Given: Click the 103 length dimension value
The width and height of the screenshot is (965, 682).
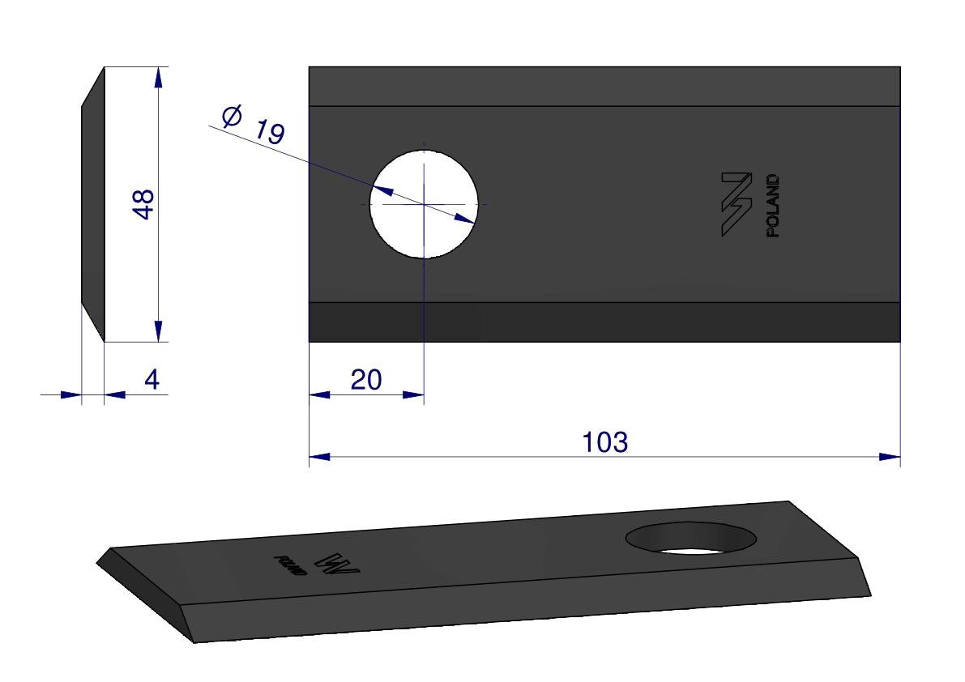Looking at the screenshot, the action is pyautogui.click(x=605, y=442).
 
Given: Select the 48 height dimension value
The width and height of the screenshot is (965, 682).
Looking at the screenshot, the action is pyautogui.click(x=143, y=204).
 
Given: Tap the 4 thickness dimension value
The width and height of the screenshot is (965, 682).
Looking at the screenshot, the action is pyautogui.click(x=152, y=379).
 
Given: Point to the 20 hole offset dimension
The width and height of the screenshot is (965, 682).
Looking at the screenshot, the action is pyautogui.click(x=366, y=380).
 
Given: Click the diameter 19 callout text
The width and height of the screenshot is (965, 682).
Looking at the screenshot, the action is pyautogui.click(x=253, y=125).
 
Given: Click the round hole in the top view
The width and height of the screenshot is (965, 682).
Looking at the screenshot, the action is pyautogui.click(x=424, y=204).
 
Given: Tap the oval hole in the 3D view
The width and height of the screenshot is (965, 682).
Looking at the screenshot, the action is pyautogui.click(x=691, y=538).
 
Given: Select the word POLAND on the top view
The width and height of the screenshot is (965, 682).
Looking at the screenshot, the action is pyautogui.click(x=772, y=206).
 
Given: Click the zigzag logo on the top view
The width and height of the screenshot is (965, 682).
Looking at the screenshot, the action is pyautogui.click(x=737, y=204).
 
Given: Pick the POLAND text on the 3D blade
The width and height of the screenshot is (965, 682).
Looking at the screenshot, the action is pyautogui.click(x=290, y=566).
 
